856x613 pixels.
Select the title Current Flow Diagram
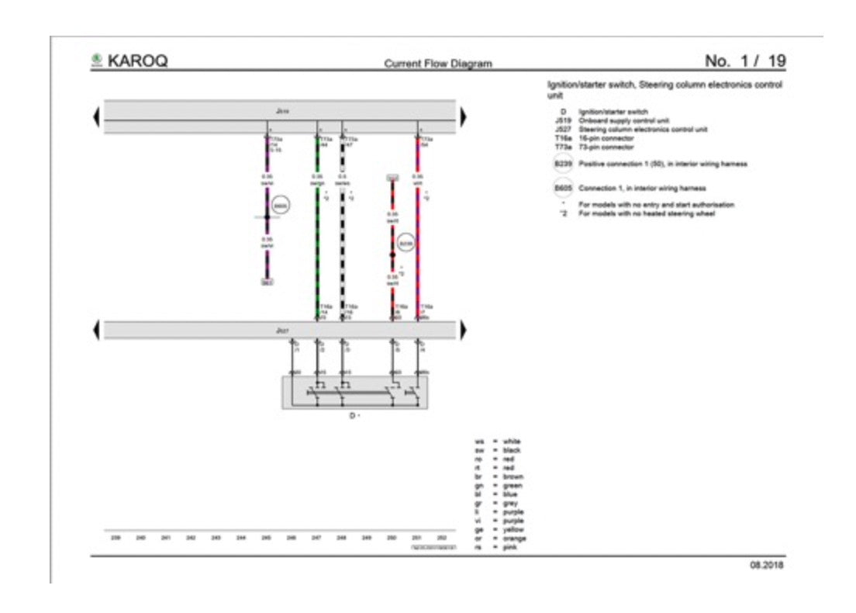point(438,64)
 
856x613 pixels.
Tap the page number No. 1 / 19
point(745,61)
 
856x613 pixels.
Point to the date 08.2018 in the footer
point(766,565)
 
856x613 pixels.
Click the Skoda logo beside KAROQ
point(97,60)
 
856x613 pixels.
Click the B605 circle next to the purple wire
point(281,206)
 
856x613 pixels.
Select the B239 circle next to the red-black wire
point(406,243)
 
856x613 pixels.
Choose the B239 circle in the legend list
point(561,165)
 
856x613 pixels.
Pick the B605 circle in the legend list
point(561,188)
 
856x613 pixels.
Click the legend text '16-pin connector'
point(606,138)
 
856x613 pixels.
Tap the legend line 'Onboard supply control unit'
point(623,121)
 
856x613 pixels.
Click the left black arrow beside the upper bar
point(97,116)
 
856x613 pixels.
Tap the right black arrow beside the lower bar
point(464,331)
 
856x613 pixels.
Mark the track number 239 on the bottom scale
point(116,537)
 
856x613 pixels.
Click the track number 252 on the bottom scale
point(441,537)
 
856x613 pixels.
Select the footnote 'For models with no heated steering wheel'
point(646,213)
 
